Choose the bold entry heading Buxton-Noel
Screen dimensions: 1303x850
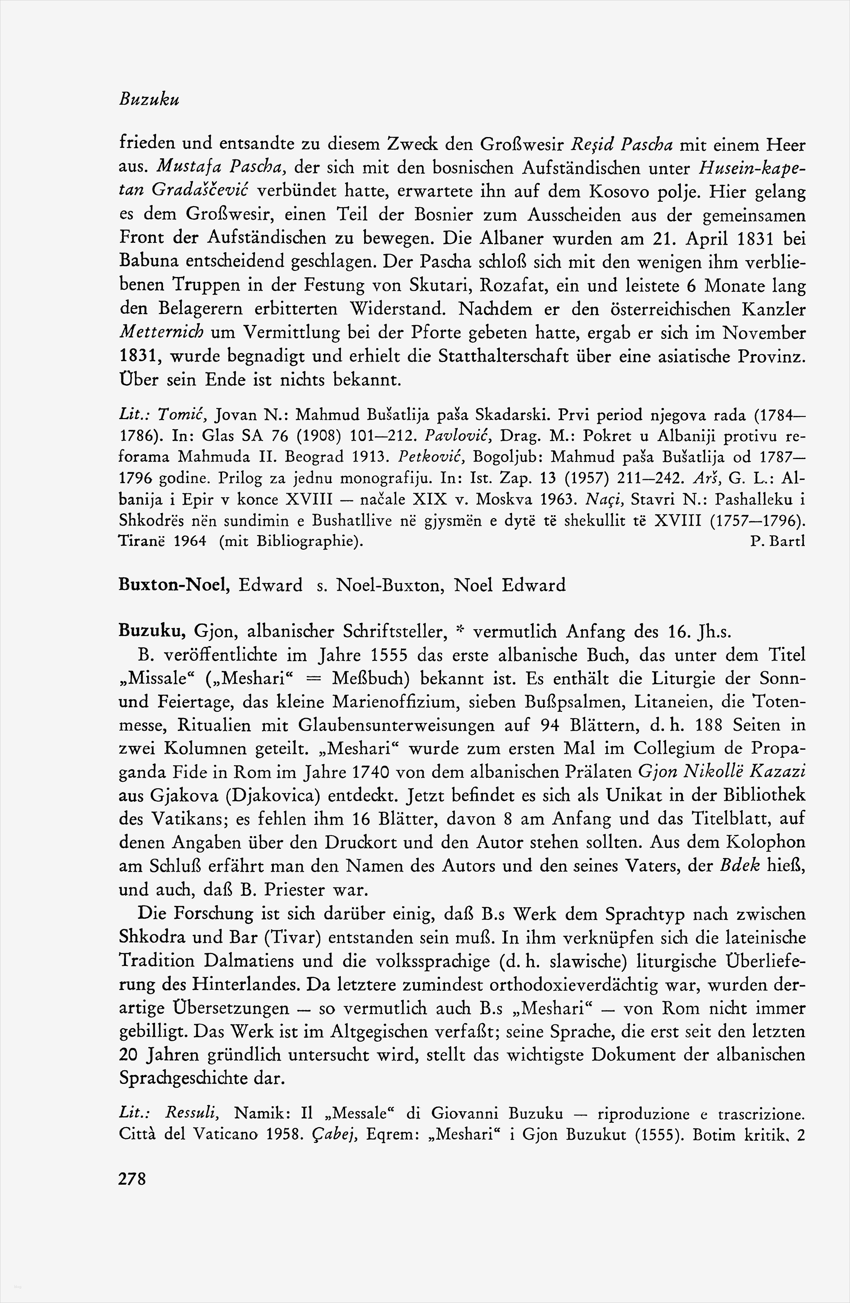pos(173,585)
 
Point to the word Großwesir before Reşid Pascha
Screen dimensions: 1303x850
pos(523,145)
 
